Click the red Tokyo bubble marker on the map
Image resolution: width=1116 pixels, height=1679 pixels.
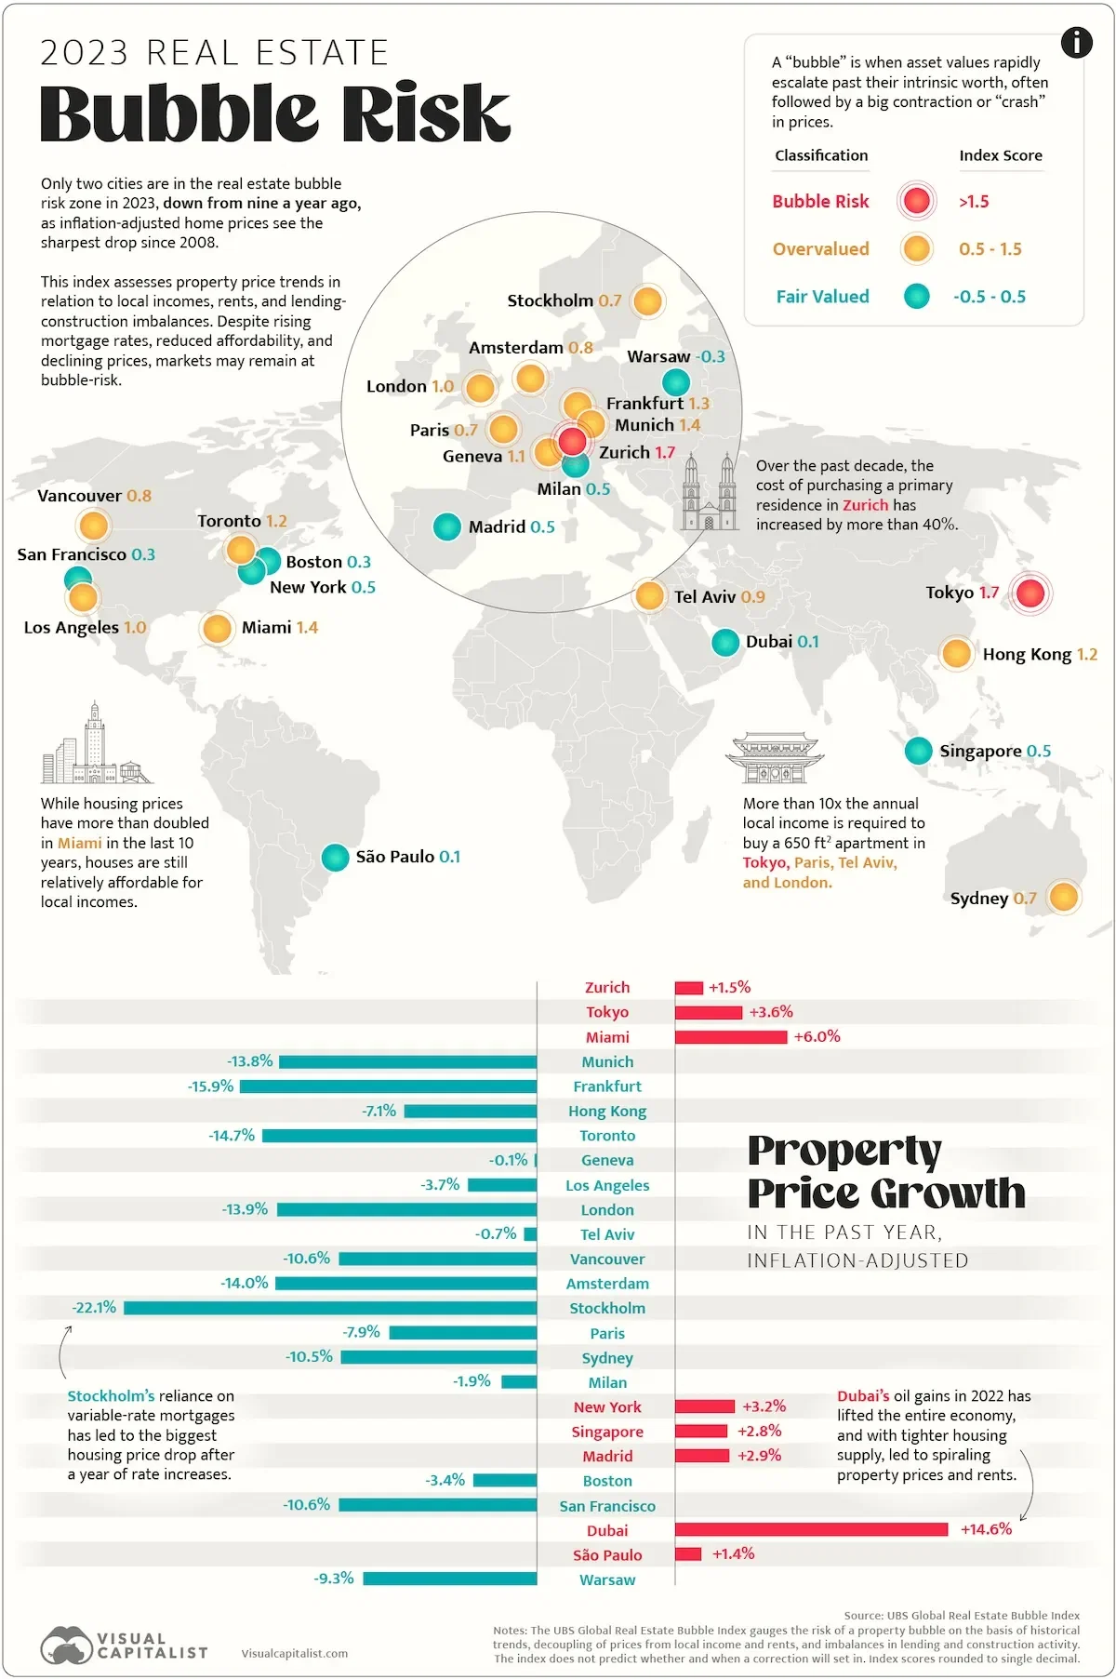point(1030,593)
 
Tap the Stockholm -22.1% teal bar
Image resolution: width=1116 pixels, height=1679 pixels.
point(330,1308)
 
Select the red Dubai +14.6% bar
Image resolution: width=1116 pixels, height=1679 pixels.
point(811,1529)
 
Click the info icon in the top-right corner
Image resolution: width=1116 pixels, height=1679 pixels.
point(1076,42)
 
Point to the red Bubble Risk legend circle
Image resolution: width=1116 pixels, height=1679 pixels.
point(917,201)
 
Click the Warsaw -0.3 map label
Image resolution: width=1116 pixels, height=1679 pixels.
point(675,356)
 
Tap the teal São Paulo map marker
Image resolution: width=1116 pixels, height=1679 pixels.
point(335,857)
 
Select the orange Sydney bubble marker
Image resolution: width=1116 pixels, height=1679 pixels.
point(1063,897)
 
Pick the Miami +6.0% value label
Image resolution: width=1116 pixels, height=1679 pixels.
point(817,1036)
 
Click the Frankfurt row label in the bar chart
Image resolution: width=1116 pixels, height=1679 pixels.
point(607,1086)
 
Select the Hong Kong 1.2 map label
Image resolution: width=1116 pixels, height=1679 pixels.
point(1040,655)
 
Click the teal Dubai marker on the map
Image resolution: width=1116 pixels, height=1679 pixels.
point(725,642)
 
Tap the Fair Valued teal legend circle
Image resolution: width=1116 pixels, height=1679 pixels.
point(917,297)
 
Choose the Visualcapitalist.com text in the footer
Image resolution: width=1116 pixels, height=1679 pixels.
point(294,1653)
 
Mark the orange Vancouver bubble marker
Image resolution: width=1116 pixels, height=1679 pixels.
point(94,526)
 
